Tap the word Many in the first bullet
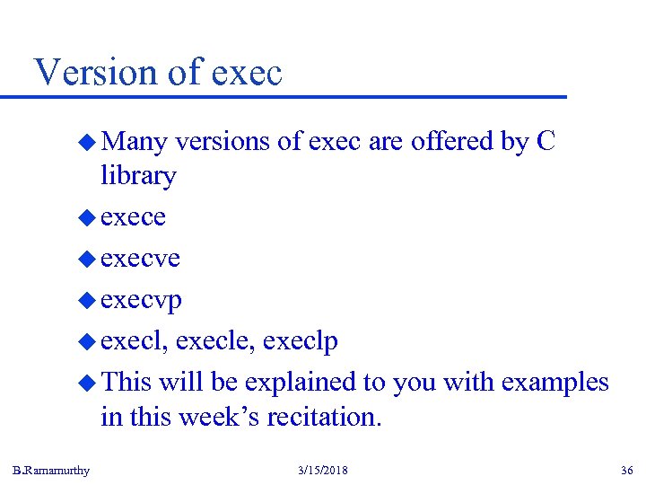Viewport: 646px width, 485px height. pyautogui.click(x=135, y=142)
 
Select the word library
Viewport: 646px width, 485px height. pyautogui.click(x=138, y=176)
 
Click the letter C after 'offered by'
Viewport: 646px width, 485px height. pyautogui.click(x=546, y=142)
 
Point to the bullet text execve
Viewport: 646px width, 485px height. pyautogui.click(x=141, y=259)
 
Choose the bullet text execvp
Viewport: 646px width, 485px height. pyautogui.click(x=142, y=300)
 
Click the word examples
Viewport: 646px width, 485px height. pyautogui.click(x=554, y=383)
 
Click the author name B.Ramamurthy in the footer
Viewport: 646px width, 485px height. pyautogui.click(x=52, y=471)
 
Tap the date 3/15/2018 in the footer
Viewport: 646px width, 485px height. pyautogui.click(x=322, y=471)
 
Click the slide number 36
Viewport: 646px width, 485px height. pyautogui.click(x=626, y=471)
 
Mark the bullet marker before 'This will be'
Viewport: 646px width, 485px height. pyautogui.click(x=87, y=383)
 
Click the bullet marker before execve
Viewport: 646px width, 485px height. pyautogui.click(x=87, y=259)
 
